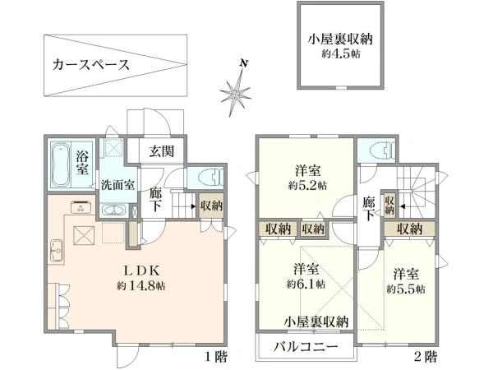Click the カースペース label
[x=91, y=65]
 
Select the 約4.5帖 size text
[x=341, y=54]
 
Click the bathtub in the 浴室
[x=60, y=165]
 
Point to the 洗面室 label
[x=117, y=185]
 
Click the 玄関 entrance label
[x=161, y=151]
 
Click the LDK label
[x=141, y=270]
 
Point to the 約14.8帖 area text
[x=141, y=286]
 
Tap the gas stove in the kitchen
[x=81, y=206]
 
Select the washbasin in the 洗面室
[x=113, y=210]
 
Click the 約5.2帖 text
[x=308, y=185]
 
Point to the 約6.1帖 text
[x=306, y=284]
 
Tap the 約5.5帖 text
[x=406, y=289]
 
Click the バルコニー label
[x=306, y=347]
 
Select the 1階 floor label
[x=216, y=357]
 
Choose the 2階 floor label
[x=426, y=357]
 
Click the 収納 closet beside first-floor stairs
[x=212, y=206]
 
